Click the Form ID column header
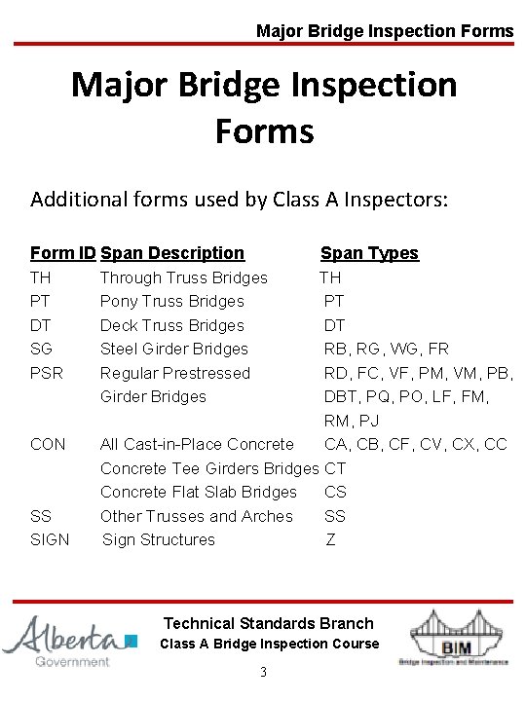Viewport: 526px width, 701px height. (x=62, y=253)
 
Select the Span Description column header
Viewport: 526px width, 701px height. (x=172, y=253)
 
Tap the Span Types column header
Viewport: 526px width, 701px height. (x=369, y=253)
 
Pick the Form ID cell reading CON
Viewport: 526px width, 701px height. (x=49, y=444)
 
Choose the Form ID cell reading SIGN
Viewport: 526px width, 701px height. (x=51, y=539)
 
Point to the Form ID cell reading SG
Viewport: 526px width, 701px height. (x=42, y=349)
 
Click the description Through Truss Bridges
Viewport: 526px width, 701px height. (x=184, y=277)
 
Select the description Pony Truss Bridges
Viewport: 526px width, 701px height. (x=172, y=301)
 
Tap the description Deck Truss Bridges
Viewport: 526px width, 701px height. (x=172, y=325)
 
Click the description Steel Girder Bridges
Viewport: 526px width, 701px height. (x=174, y=349)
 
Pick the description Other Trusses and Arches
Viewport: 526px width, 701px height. (x=197, y=516)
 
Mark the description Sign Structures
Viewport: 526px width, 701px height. (x=159, y=539)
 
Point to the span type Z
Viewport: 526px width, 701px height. (x=331, y=539)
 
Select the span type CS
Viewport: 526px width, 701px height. (x=335, y=492)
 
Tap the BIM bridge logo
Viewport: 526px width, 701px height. (x=453, y=638)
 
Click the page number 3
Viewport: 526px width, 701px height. (x=263, y=673)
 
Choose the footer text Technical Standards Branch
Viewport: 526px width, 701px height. (x=269, y=623)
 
